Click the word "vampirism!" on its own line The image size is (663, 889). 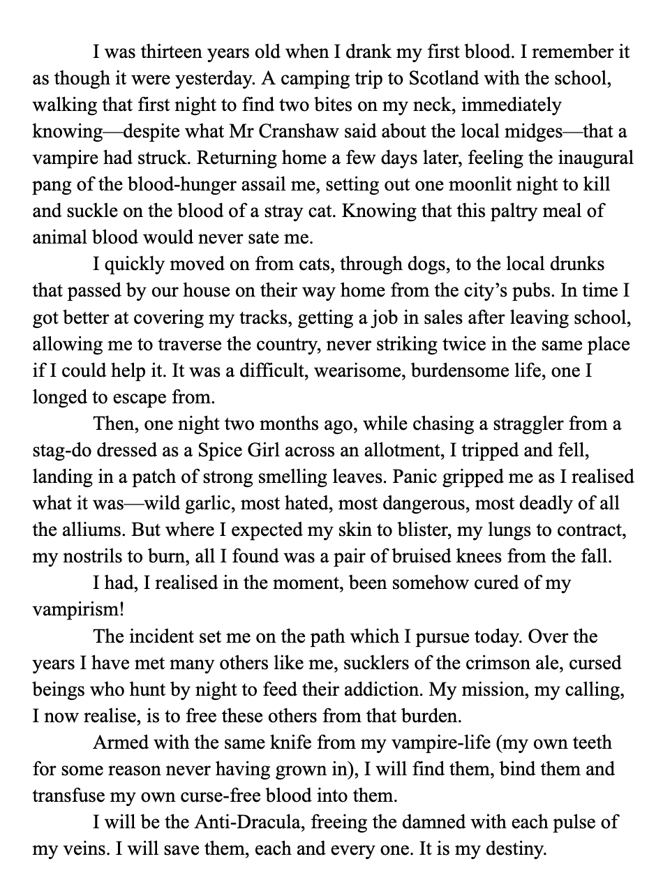(x=79, y=610)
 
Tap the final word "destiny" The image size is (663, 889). (x=513, y=849)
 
